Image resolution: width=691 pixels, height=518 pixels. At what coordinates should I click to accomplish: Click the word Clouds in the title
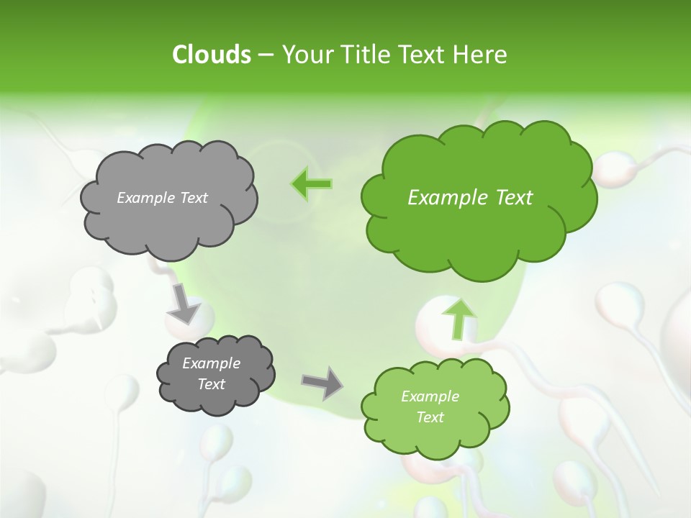(x=212, y=55)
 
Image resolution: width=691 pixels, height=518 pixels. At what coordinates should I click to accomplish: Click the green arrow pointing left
(x=311, y=184)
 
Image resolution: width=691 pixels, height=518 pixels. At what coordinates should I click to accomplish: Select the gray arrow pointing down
(x=184, y=303)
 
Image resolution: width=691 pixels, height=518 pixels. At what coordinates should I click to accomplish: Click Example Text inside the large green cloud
(x=470, y=198)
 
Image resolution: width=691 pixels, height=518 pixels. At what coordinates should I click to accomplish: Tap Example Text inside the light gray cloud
(x=162, y=198)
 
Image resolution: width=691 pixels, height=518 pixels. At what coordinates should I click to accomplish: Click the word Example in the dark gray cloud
(x=211, y=363)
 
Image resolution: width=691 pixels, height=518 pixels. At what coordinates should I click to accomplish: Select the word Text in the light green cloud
(x=430, y=417)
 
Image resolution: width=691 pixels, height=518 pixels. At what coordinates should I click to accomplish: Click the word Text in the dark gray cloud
(x=211, y=384)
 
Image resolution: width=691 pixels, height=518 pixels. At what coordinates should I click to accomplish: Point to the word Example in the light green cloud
(x=430, y=396)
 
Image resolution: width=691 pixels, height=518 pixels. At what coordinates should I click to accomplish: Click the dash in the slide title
(x=265, y=55)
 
